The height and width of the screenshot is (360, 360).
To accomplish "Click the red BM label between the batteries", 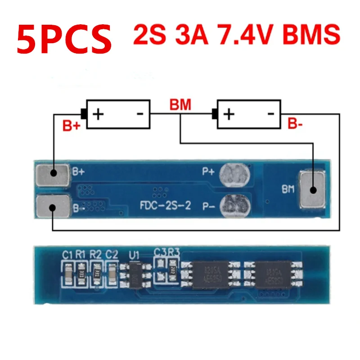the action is [180, 105].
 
